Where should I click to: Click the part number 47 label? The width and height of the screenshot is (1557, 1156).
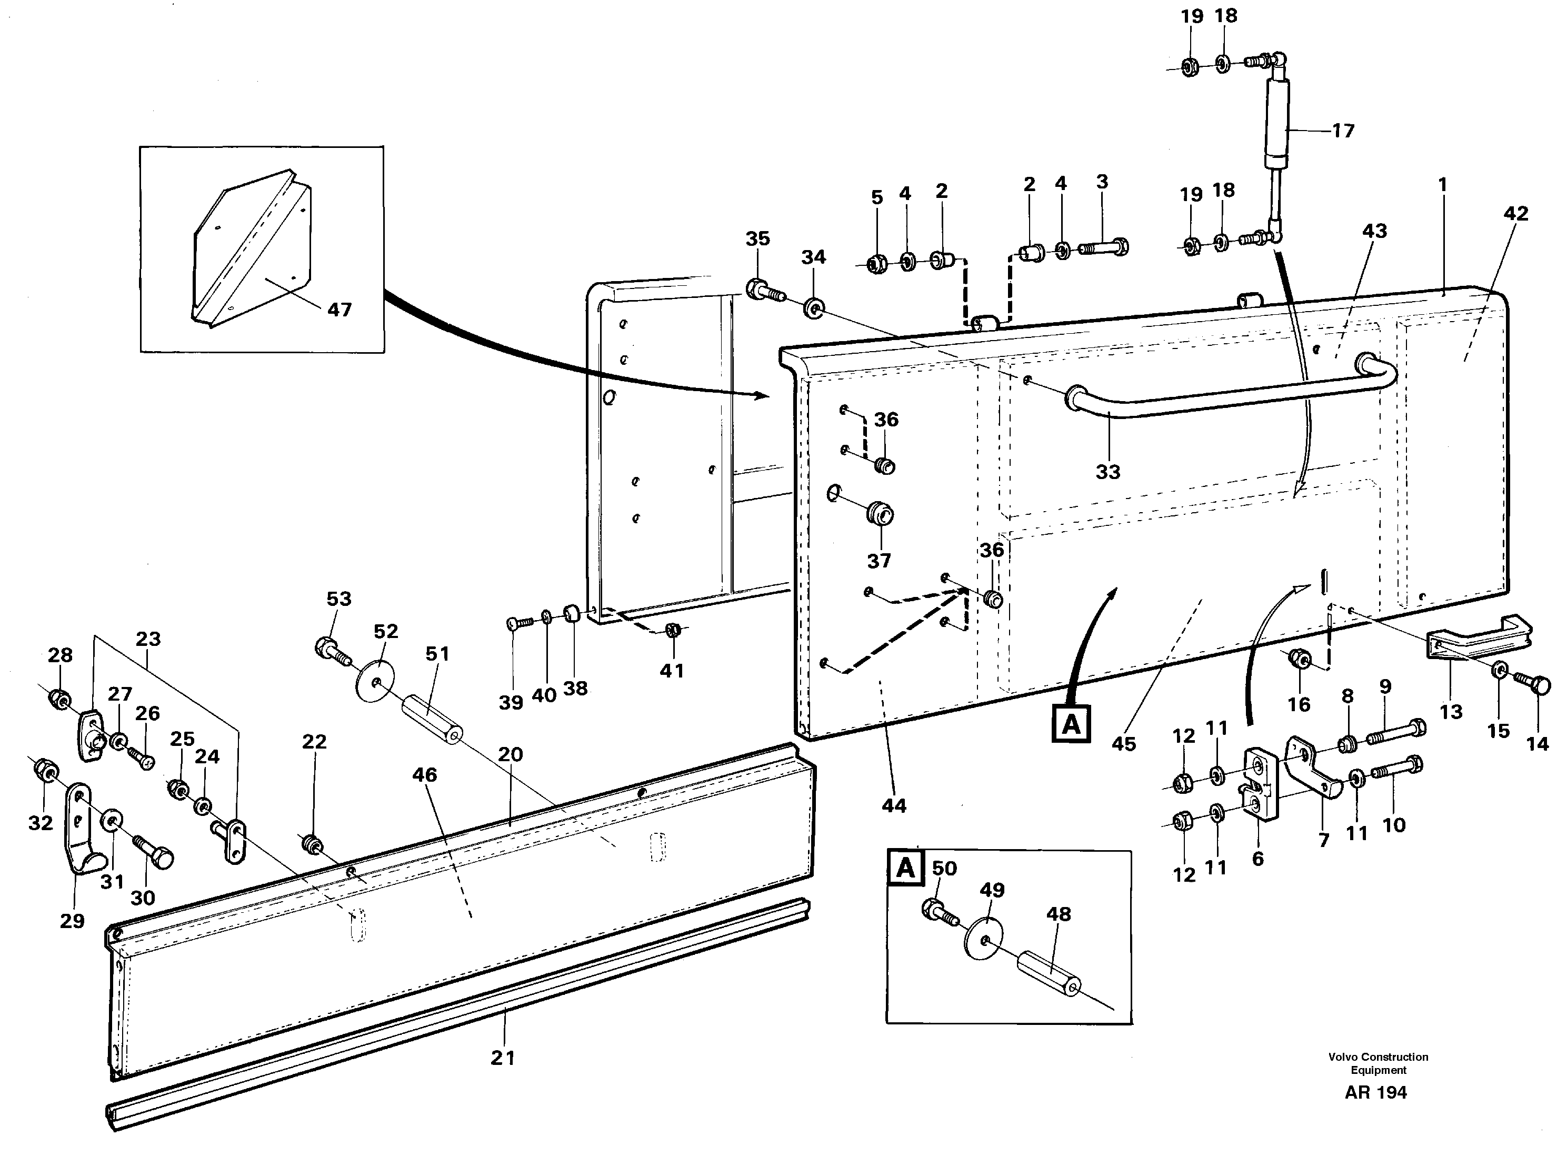340,310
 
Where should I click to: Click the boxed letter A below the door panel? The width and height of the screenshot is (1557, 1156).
1071,725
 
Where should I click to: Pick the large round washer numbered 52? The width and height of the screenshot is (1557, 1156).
376,680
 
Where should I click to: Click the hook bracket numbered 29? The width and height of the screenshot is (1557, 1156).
83,829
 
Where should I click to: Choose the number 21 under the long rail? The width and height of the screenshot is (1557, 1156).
503,1058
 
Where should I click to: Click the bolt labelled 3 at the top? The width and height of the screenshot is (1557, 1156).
1104,248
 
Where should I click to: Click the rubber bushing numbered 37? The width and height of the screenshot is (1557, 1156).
880,516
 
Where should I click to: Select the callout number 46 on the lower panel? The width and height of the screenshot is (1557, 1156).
424,775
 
